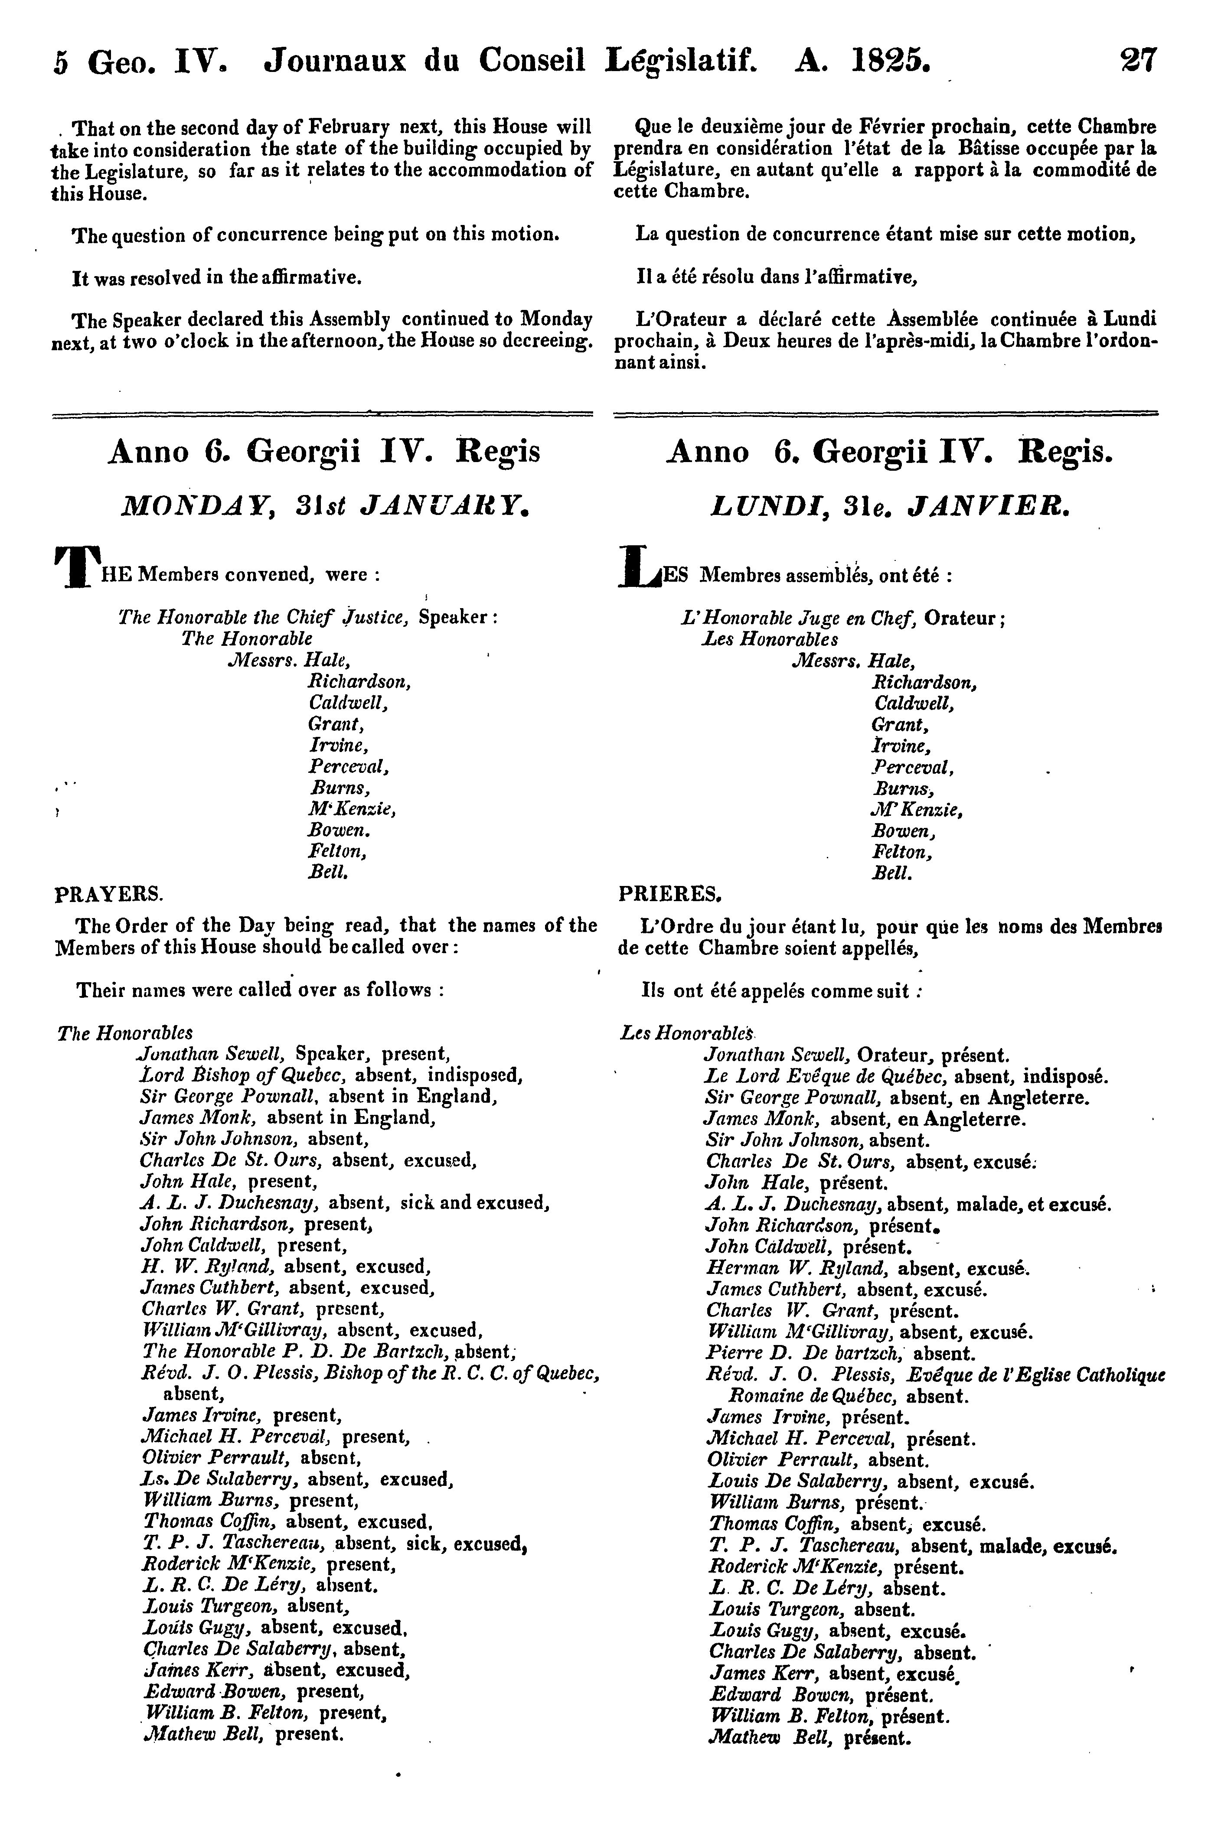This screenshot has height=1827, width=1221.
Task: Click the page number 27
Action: [1139, 60]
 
